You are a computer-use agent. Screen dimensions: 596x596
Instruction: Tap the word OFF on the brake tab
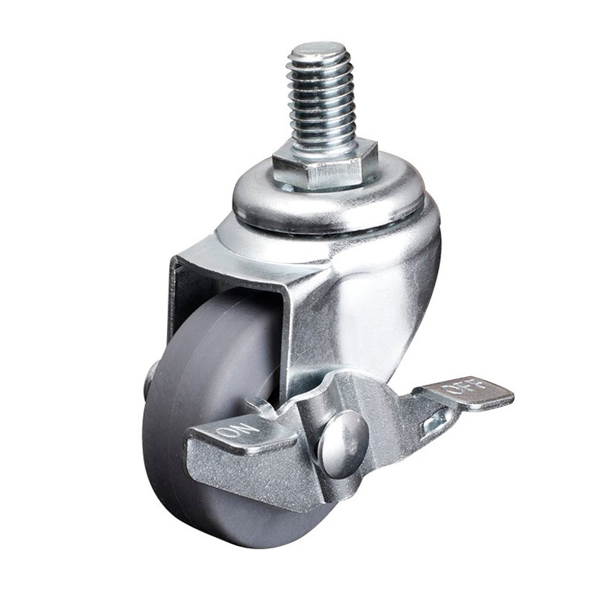465,387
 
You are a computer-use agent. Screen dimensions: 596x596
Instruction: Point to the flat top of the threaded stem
323,52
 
